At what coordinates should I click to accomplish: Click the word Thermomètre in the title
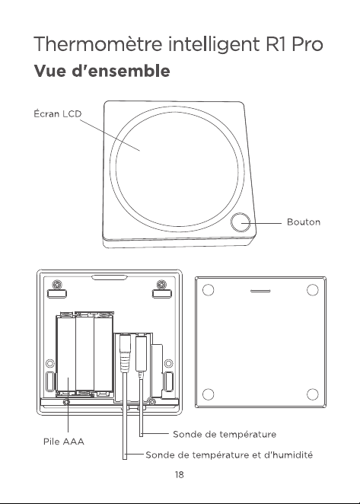click(x=98, y=44)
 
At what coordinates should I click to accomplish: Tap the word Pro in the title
click(x=307, y=44)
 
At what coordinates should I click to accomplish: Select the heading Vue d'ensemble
click(x=101, y=71)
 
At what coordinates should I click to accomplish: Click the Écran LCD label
click(x=58, y=113)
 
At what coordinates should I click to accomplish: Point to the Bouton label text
click(x=304, y=222)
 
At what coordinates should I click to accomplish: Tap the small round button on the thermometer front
click(x=241, y=222)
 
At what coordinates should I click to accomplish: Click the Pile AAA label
click(x=64, y=442)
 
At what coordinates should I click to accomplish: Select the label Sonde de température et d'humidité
click(x=229, y=455)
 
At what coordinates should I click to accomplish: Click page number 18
click(x=180, y=475)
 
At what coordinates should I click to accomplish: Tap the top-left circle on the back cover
click(x=209, y=290)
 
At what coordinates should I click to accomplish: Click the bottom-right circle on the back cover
click(x=312, y=394)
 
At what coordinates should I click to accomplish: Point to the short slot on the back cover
click(x=260, y=292)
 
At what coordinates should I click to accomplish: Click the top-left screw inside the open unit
click(x=57, y=285)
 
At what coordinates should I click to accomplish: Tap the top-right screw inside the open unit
click(x=161, y=285)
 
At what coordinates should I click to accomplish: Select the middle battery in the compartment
click(x=84, y=353)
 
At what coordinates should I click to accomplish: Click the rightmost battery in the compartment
click(x=104, y=353)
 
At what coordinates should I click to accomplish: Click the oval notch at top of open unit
click(x=109, y=277)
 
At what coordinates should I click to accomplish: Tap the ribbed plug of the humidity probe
click(x=125, y=353)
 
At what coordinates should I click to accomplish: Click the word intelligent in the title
click(x=214, y=44)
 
